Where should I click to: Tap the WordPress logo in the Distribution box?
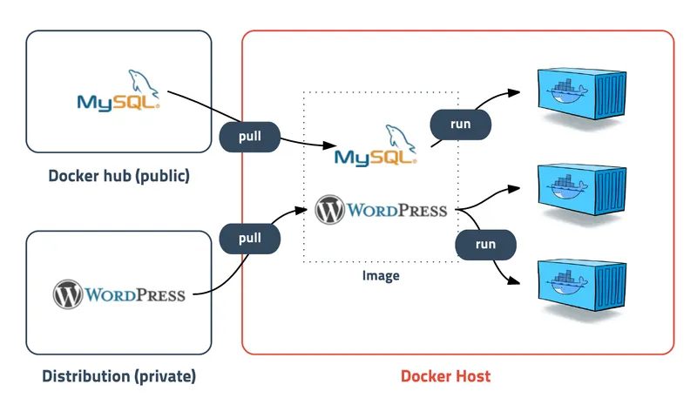(119, 294)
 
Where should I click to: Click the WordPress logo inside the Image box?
(381, 210)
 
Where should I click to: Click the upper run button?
(460, 124)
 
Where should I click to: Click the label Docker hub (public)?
(119, 176)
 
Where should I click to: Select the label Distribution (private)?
(119, 377)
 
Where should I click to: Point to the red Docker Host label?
(445, 377)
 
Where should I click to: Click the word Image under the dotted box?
(381, 276)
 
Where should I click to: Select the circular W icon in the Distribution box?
(67, 294)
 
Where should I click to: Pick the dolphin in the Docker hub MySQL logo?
(144, 83)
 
